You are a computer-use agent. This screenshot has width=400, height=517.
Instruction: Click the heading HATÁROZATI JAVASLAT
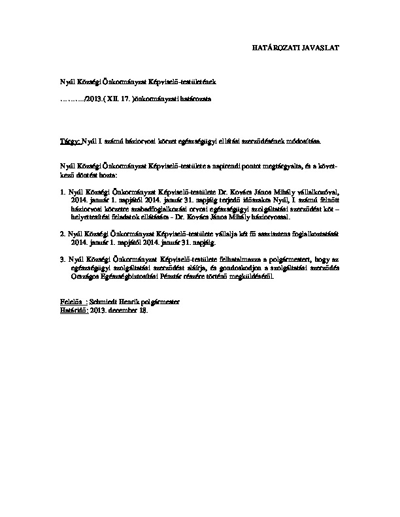(295, 48)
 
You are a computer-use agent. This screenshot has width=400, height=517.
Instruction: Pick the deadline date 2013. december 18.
(120, 310)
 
